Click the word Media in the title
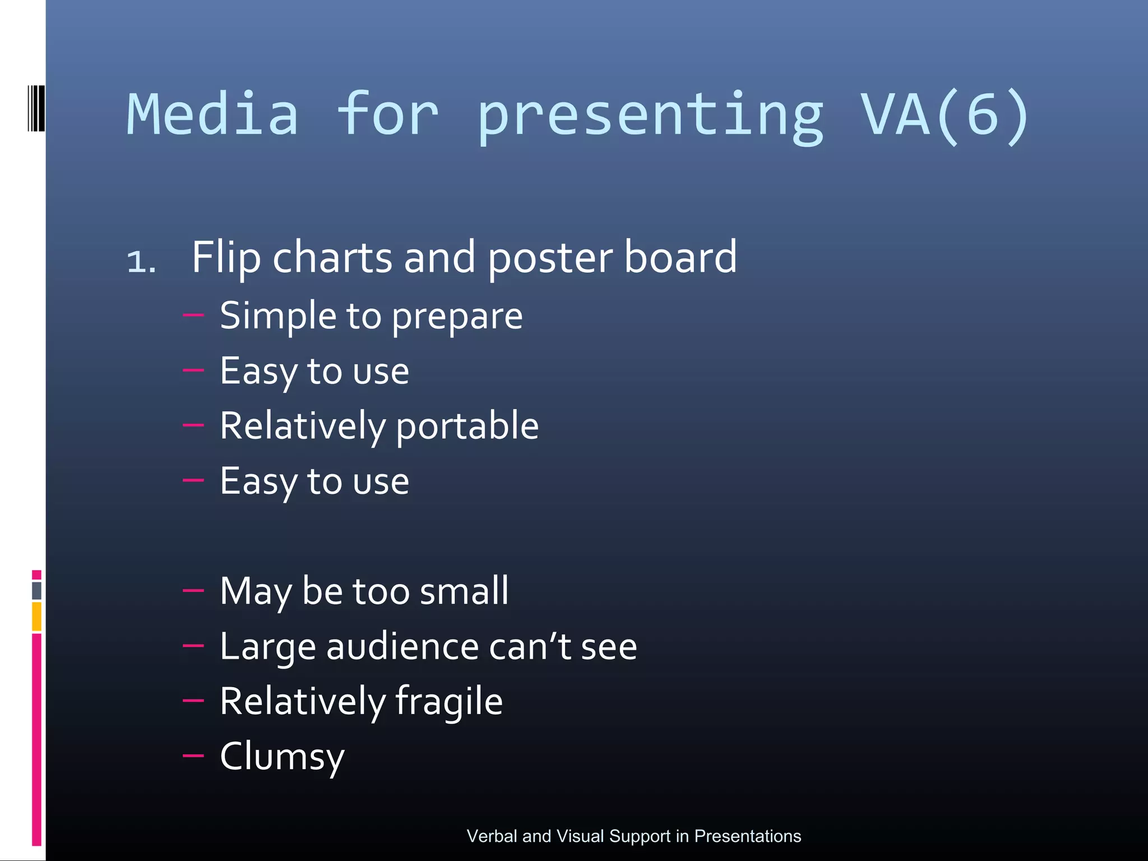pyautogui.click(x=212, y=115)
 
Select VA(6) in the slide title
pyautogui.click(x=945, y=115)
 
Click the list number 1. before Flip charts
pyautogui.click(x=141, y=262)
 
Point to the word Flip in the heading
pyautogui.click(x=226, y=258)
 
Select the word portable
pyautogui.click(x=467, y=426)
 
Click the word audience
pyautogui.click(x=402, y=646)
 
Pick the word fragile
pyautogui.click(x=448, y=702)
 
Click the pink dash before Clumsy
pyautogui.click(x=193, y=756)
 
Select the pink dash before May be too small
pyautogui.click(x=193, y=590)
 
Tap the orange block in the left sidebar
pyautogui.click(x=36, y=616)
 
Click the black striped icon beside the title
pyautogui.click(x=36, y=108)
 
